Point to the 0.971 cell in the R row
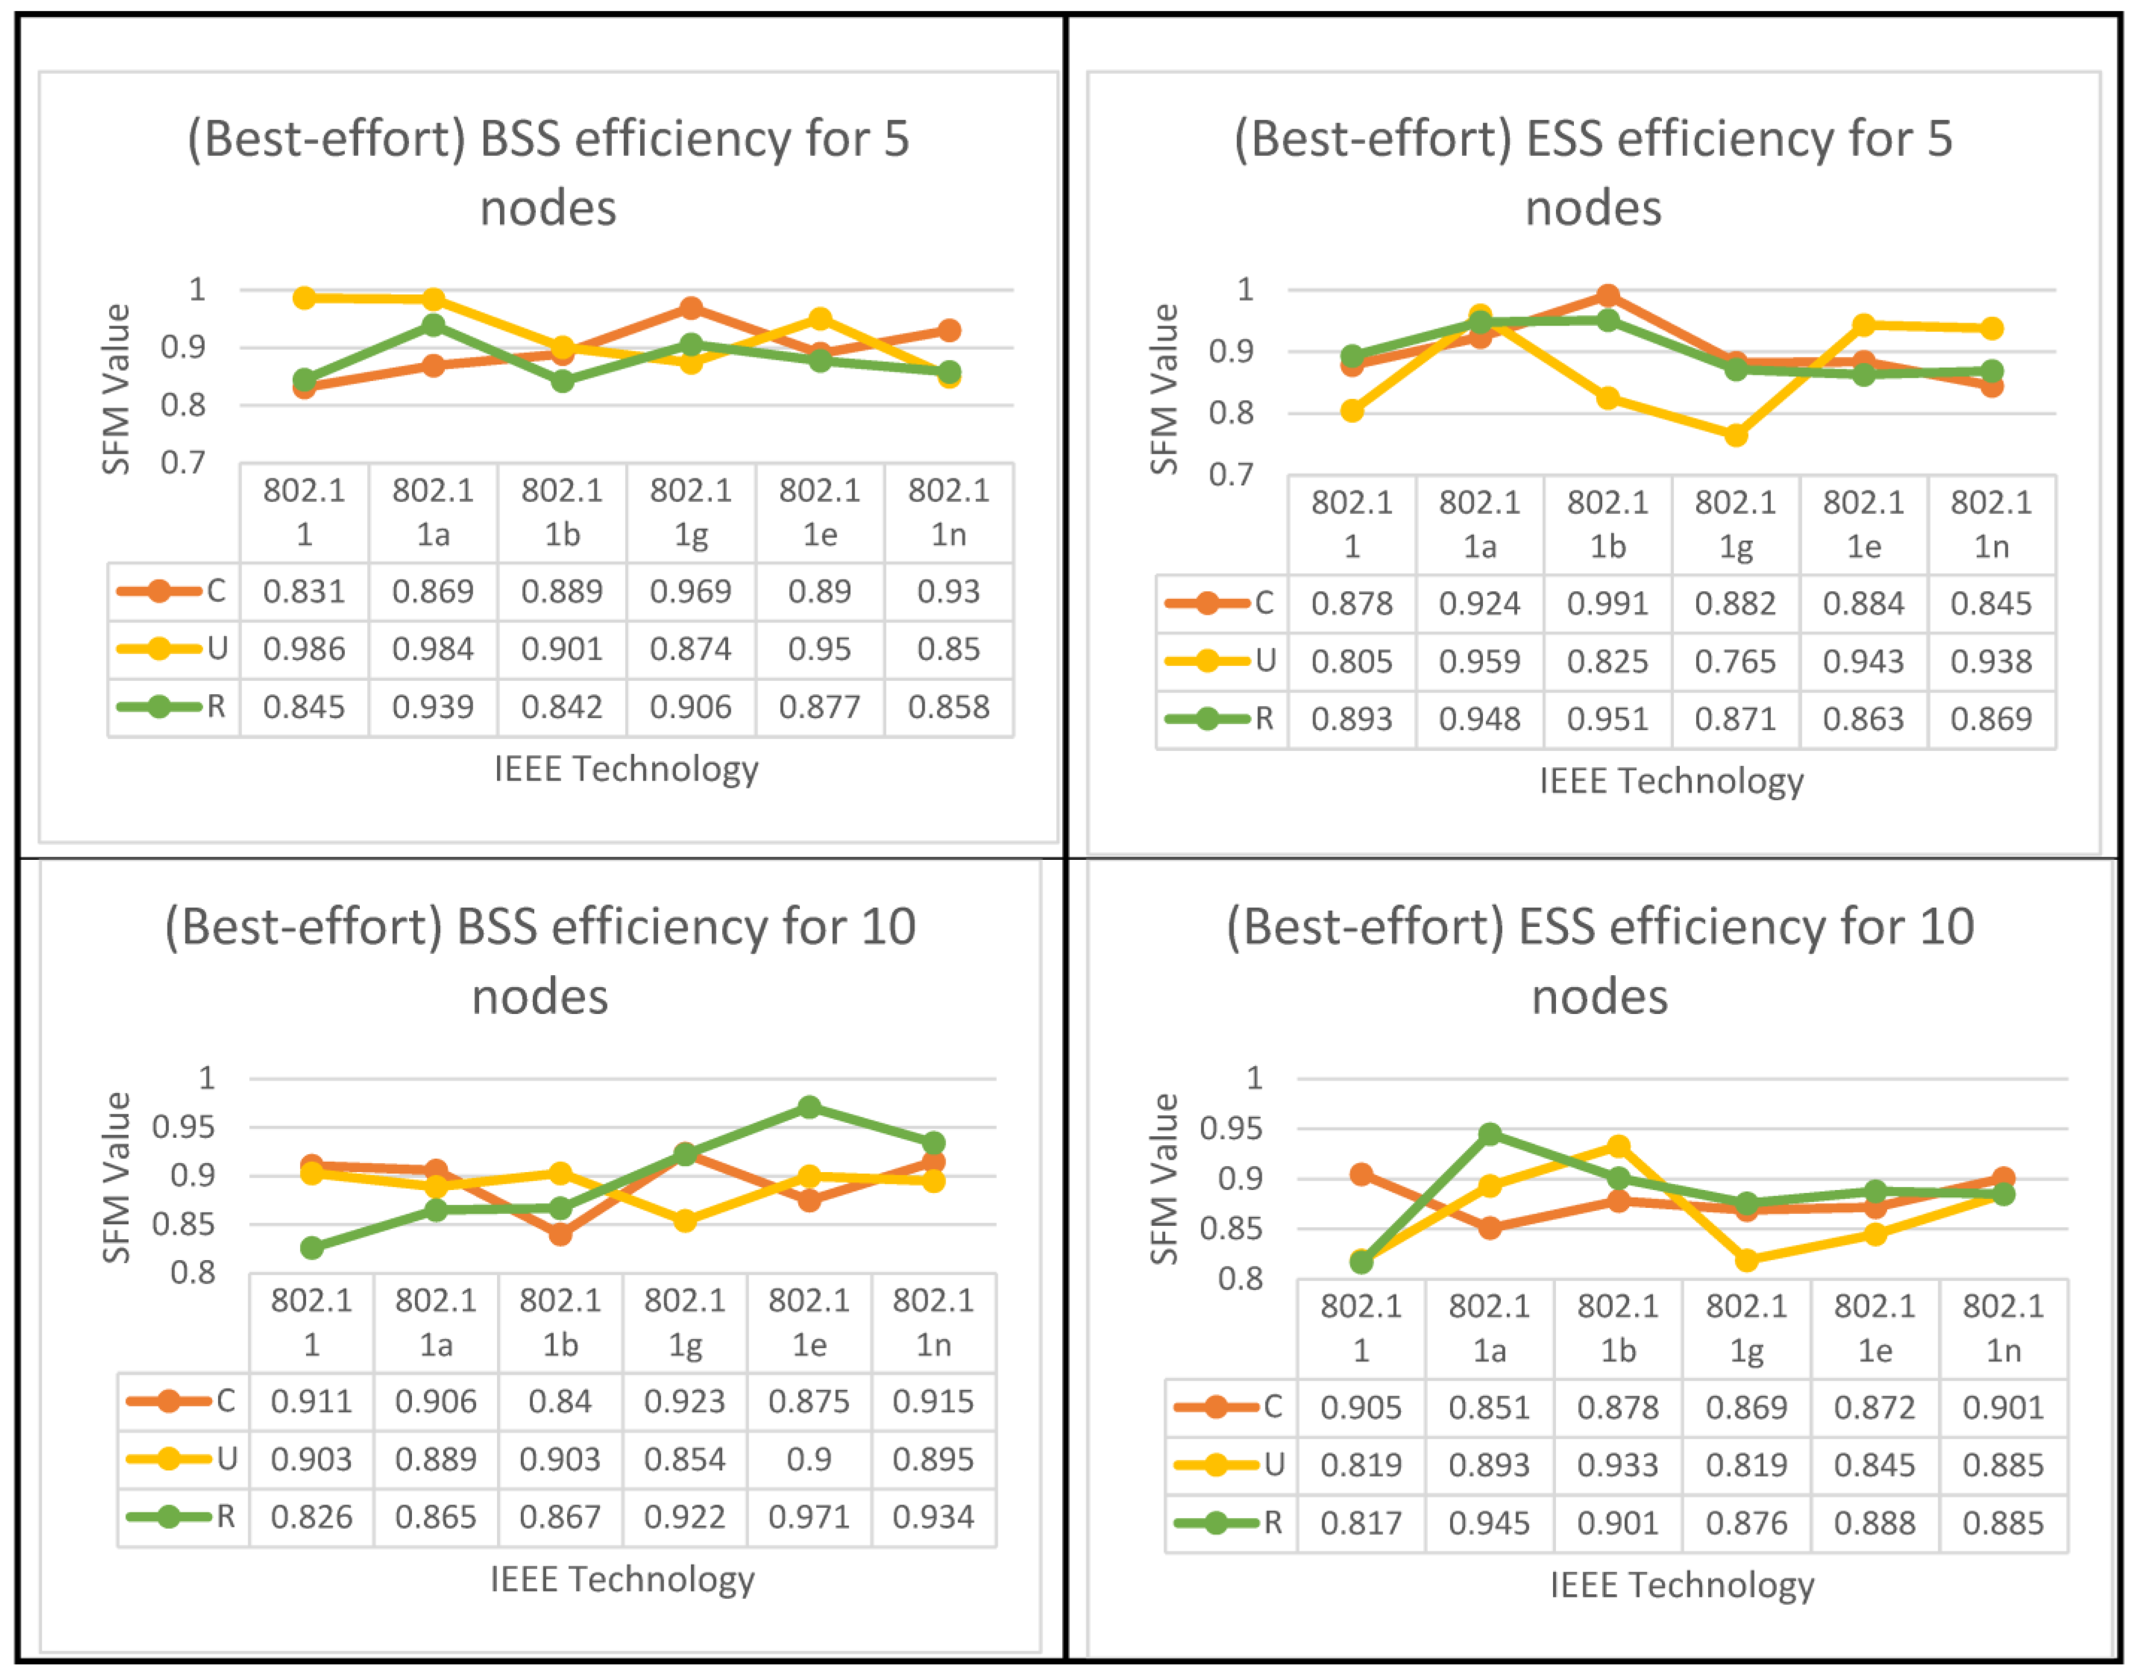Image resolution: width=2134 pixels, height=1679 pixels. tap(809, 1517)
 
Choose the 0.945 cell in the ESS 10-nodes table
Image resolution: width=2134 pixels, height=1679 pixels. tap(1489, 1523)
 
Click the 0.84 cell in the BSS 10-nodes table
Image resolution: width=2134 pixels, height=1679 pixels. tap(560, 1401)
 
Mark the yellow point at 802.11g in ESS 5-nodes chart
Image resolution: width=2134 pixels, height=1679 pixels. tap(1736, 434)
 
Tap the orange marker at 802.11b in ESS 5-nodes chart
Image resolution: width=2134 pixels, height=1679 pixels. tap(1608, 296)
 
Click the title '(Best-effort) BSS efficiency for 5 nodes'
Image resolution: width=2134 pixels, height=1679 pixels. tap(549, 173)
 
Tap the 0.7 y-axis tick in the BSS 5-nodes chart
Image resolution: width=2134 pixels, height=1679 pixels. tap(184, 462)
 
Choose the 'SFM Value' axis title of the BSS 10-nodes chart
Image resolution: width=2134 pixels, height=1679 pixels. tap(116, 1176)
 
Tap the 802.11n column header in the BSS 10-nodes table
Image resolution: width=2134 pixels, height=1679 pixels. tap(933, 1322)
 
